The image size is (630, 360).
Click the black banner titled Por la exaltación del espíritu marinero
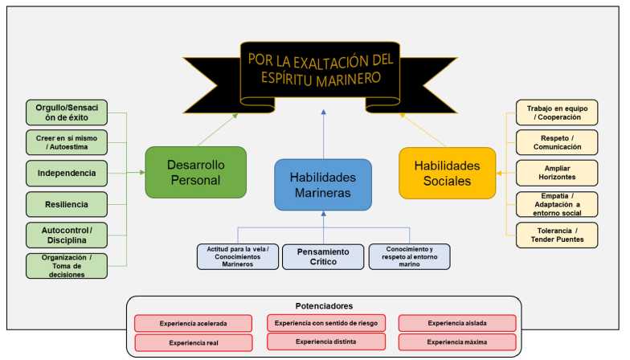320,67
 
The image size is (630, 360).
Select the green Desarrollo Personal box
184,171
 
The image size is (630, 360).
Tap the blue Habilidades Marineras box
323,184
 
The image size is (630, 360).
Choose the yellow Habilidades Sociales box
447,172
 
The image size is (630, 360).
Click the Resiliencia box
66,204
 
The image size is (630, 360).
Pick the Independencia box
66,173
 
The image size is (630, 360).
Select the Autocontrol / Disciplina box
66,235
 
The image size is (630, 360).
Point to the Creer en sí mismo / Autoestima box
66,142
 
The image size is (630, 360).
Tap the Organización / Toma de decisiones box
66,265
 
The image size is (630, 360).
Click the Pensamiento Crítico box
323,256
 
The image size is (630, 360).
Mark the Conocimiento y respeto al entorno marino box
409,256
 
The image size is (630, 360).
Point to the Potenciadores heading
324,305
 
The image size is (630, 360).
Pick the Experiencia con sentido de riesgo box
325,323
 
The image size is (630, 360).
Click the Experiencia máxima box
457,342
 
